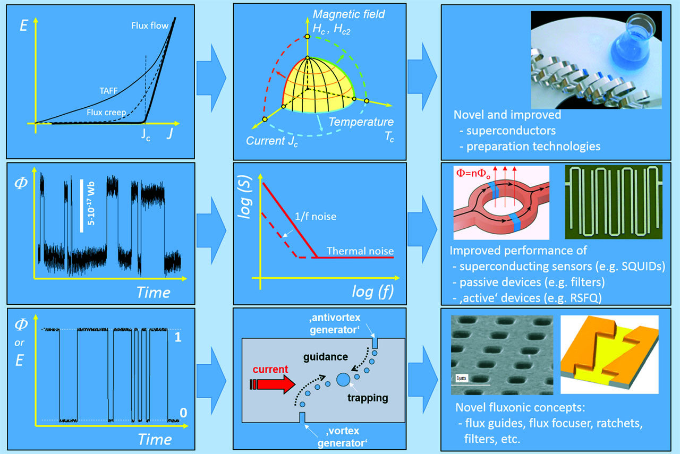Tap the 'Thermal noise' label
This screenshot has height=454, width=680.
(360, 250)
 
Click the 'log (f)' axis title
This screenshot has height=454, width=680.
(373, 292)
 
